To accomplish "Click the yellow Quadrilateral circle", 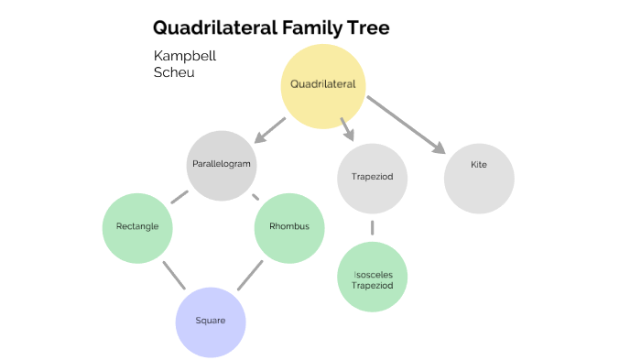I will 322,84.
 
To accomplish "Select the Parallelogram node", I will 222,166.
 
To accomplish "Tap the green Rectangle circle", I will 137,226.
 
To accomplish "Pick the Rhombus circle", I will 289,226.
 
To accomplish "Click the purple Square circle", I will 211,322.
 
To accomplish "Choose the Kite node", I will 478,166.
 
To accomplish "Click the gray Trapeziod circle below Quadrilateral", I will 372,176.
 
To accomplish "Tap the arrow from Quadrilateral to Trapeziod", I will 345,128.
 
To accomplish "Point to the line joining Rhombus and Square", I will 250,275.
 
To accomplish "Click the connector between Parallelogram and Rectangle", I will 179,196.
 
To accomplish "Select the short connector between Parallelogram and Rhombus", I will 255,196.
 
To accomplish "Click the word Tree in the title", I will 365,28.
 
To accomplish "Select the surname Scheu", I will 174,72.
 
